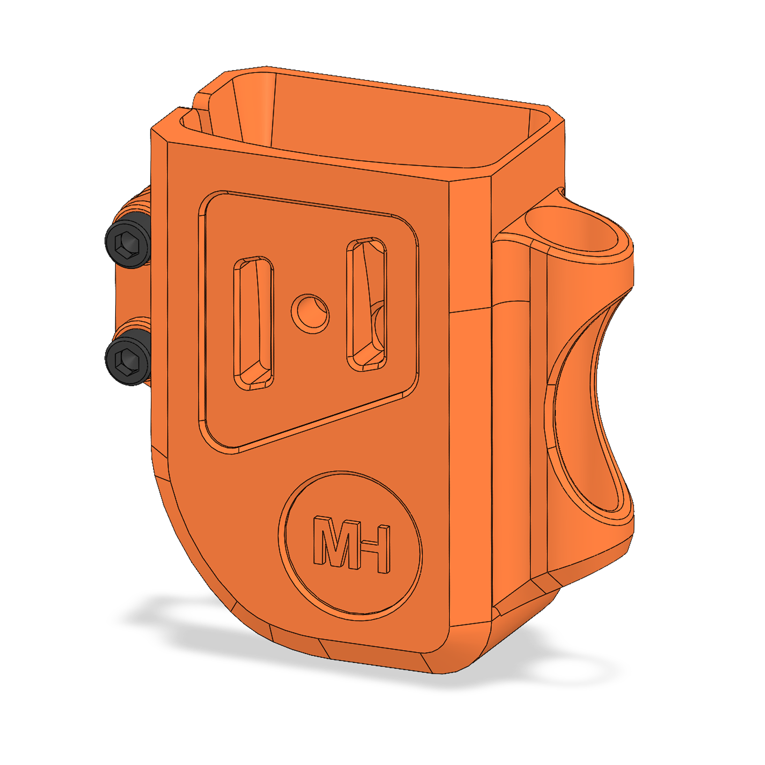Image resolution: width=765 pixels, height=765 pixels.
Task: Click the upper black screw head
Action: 127,240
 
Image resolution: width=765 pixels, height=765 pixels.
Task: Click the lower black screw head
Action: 127,357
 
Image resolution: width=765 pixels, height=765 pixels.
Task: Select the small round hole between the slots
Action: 310,313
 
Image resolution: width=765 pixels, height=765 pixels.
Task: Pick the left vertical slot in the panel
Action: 253,323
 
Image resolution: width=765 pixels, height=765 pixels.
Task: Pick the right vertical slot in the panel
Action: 366,305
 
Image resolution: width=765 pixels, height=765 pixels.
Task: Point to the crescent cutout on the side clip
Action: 586,412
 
